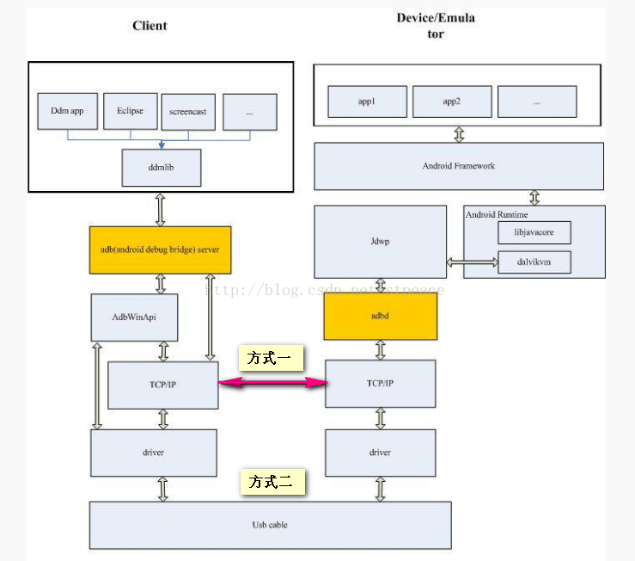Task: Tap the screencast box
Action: (188, 112)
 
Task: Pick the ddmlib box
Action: (162, 167)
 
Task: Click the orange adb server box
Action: (160, 250)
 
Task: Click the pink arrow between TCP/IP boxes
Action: (272, 384)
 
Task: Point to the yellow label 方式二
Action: (271, 483)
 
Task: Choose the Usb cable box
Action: (270, 524)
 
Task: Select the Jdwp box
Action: (380, 242)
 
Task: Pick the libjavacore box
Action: (534, 232)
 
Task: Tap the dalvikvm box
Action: (534, 262)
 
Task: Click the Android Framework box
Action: (459, 166)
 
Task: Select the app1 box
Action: (367, 102)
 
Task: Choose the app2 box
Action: (451, 102)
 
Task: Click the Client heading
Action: (150, 26)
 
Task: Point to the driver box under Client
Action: (153, 453)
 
